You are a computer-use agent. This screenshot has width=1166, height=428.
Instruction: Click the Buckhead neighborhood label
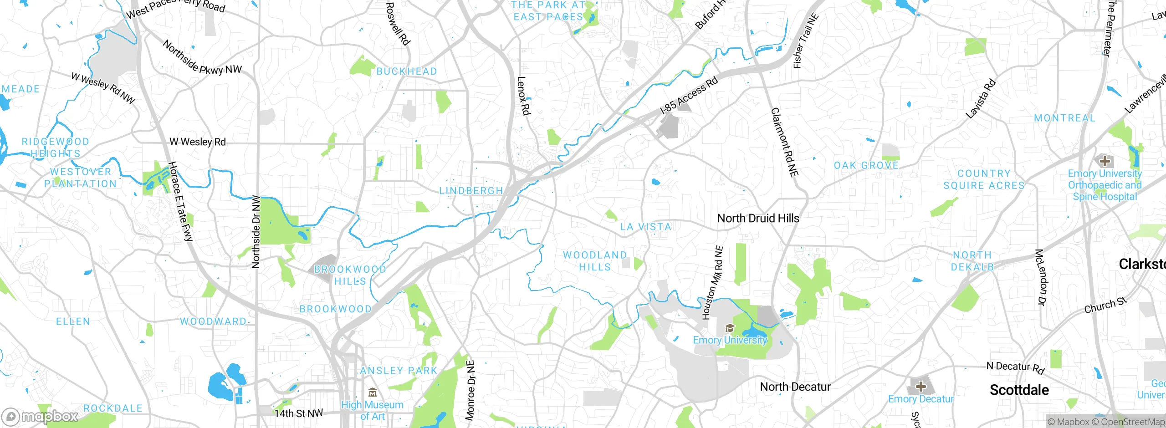[x=406, y=71]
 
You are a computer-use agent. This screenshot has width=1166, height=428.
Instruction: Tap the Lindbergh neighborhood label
[x=471, y=191]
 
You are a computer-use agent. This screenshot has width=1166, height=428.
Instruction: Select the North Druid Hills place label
[x=758, y=219]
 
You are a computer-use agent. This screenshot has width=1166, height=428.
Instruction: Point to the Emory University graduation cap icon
[x=730, y=328]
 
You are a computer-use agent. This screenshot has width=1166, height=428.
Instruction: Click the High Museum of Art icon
[x=373, y=392]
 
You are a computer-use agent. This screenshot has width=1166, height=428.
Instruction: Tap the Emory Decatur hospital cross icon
[x=921, y=387]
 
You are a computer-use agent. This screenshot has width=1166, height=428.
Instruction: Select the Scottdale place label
[x=1019, y=390]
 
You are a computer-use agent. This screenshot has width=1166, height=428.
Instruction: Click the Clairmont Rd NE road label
[x=784, y=142]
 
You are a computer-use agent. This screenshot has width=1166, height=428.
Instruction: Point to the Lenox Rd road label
[x=523, y=96]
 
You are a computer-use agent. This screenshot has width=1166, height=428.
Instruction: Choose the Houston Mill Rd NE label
[x=712, y=283]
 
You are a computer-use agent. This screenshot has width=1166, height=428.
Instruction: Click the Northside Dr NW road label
[x=256, y=232]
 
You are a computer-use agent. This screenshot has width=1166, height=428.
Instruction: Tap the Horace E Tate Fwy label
[x=181, y=201]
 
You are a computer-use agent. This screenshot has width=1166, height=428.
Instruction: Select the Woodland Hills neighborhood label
[x=595, y=261]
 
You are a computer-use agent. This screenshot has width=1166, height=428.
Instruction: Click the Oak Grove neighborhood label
[x=866, y=166]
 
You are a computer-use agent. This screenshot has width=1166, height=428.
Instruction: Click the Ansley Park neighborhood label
[x=399, y=371]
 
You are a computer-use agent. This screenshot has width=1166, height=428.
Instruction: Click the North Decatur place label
[x=795, y=387]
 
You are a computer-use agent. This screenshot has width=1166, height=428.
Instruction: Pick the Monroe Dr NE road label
[x=470, y=390]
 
